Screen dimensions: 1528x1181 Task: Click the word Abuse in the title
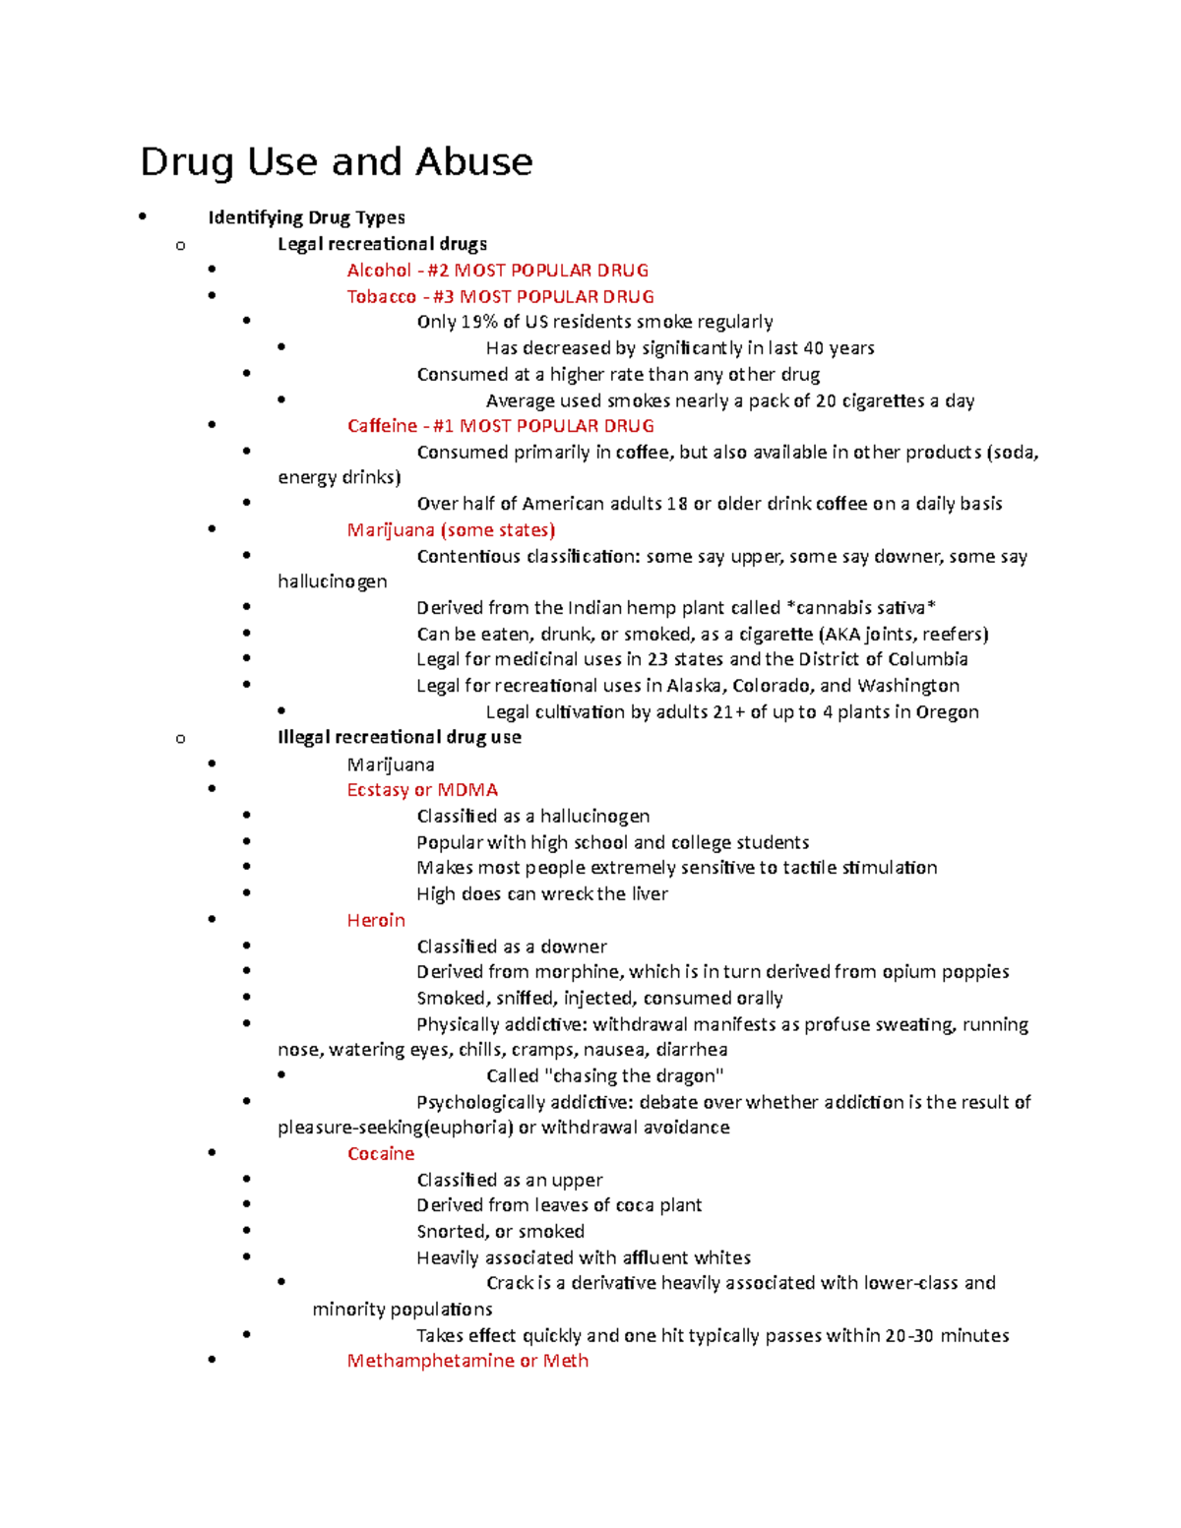pos(473,162)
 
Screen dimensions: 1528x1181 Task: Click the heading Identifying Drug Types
pos(306,217)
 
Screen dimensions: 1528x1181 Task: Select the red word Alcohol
pos(379,271)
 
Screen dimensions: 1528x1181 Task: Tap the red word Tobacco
pos(382,297)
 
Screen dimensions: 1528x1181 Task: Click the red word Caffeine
pos(382,426)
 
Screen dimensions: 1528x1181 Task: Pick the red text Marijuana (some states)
pos(451,530)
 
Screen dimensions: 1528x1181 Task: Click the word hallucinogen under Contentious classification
pos(333,581)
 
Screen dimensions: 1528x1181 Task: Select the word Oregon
pos(947,712)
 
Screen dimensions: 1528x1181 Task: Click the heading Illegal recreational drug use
pos(400,737)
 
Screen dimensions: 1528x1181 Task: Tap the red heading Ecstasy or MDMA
pos(422,790)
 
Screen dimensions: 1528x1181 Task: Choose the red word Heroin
pos(376,921)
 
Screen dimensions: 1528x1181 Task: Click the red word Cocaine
pos(381,1154)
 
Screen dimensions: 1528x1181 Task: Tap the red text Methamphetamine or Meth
pos(467,1361)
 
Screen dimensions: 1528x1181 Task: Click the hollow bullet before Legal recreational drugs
pos(180,245)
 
